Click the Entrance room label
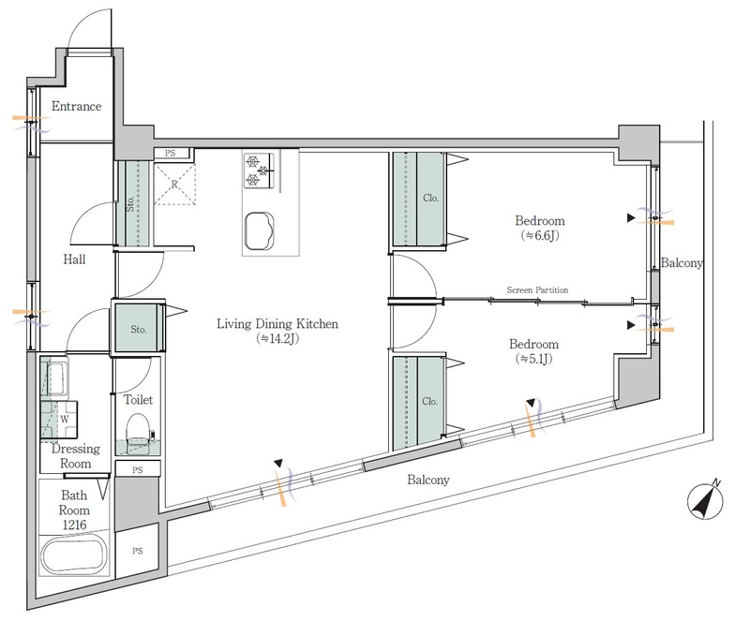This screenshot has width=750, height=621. click(77, 106)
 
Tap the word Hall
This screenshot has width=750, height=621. click(75, 259)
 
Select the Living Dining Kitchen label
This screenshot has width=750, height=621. click(277, 324)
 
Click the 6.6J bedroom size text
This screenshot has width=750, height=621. click(540, 235)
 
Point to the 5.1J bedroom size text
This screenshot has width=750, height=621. click(533, 359)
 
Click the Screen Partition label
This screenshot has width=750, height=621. click(537, 289)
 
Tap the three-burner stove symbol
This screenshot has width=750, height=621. click(259, 170)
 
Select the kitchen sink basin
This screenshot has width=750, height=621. click(260, 230)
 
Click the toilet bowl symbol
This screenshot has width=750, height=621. click(139, 429)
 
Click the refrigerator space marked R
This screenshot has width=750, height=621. click(174, 185)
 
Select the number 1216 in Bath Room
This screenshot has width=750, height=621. click(75, 525)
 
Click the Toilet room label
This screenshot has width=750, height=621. click(139, 400)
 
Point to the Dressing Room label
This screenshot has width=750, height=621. click(76, 456)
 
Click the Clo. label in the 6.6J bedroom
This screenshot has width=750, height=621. click(430, 198)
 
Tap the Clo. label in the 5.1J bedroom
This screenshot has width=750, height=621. click(429, 401)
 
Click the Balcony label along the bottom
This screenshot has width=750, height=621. click(428, 480)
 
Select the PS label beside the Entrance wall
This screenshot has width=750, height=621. click(171, 153)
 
